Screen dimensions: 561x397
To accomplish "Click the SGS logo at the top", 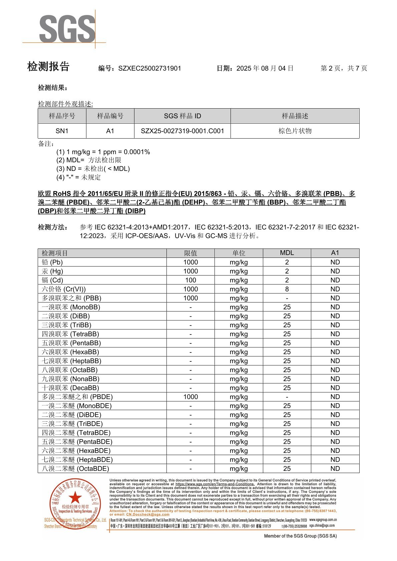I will tap(67, 29).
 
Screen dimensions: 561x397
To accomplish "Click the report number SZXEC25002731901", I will tap(149, 68).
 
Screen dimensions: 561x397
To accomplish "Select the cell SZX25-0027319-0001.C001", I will tap(182, 131).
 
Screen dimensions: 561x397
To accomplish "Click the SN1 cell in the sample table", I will tap(62, 131).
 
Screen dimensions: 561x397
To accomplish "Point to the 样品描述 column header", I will tap(295, 116).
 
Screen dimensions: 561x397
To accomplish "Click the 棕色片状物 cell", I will tap(295, 131).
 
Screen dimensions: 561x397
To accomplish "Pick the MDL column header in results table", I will tap(287, 253).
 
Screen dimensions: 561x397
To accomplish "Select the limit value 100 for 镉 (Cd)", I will tap(190, 280).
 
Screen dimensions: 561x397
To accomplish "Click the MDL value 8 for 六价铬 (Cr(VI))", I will tap(287, 289).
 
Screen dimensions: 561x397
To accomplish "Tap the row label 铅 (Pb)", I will tap(52, 262).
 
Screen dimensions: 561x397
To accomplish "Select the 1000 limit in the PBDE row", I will tap(190, 397).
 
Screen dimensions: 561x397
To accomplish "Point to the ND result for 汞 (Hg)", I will tap(335, 271).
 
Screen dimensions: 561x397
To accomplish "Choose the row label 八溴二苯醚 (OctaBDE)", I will tap(75, 468).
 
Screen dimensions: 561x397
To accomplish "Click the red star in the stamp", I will tap(75, 498).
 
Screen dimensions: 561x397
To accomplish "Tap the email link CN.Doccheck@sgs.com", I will tap(147, 514).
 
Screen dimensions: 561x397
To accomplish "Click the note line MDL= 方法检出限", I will tap(89, 160).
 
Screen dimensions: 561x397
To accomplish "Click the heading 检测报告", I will tap(48, 67).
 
